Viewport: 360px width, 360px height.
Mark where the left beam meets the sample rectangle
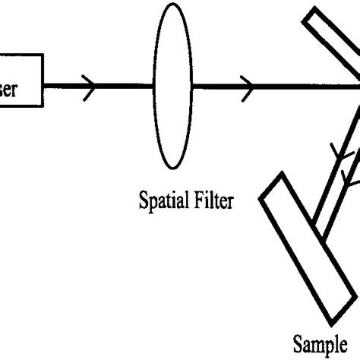314,225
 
